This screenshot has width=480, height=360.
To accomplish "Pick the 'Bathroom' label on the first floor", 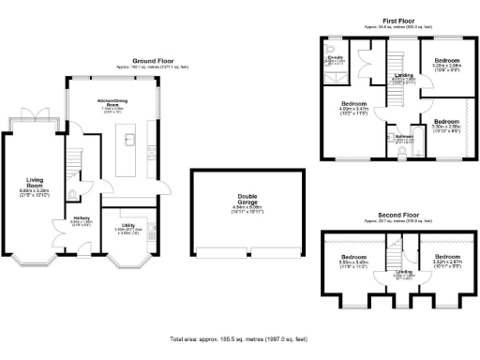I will pyautogui.click(x=403, y=137).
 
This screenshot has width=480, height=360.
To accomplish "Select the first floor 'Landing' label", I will pyautogui.click(x=403, y=75).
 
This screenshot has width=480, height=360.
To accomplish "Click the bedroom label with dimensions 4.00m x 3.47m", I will pyautogui.click(x=352, y=105).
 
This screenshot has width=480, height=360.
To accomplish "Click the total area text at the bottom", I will pyautogui.click(x=239, y=337).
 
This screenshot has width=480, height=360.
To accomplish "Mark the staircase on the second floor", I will pyautogui.click(x=395, y=253).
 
